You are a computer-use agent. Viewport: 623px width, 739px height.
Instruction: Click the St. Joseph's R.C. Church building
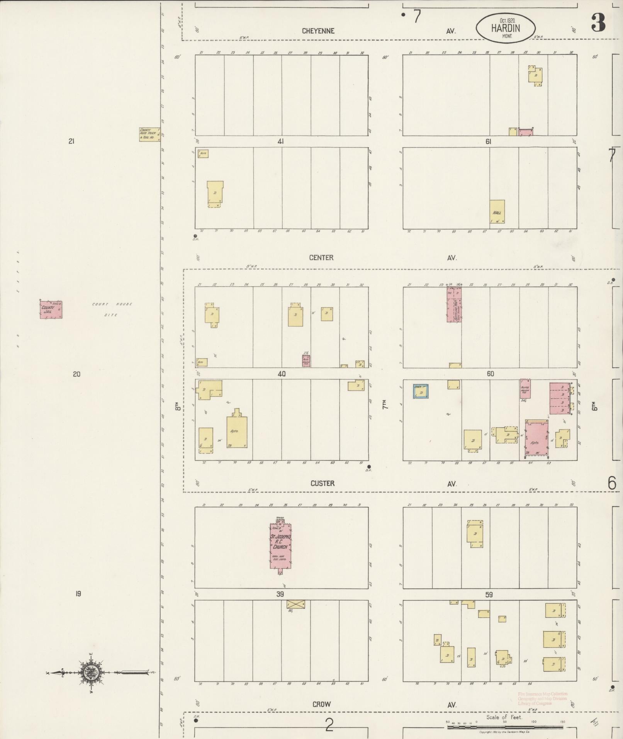coord(281,545)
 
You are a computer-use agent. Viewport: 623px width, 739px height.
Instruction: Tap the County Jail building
coord(51,310)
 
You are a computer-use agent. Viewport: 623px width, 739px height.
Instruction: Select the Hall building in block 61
coord(497,212)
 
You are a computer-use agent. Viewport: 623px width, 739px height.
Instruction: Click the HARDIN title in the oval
coord(506,28)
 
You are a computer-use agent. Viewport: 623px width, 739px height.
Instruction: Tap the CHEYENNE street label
coord(318,31)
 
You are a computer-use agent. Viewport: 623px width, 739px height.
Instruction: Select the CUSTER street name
coord(323,483)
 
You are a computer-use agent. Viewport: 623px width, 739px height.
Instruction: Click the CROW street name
coord(321,704)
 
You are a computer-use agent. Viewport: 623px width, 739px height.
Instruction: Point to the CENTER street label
coord(321,257)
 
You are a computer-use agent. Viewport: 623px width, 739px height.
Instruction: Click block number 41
coord(281,141)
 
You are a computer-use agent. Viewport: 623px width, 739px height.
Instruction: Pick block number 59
coord(489,595)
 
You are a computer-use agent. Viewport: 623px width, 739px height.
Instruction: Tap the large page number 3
coord(598,24)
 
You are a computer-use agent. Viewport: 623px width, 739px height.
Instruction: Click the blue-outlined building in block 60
coord(421,392)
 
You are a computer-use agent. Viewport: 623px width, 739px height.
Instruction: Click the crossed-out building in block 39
coord(296,604)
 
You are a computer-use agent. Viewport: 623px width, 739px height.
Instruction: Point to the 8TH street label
coord(178,406)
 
